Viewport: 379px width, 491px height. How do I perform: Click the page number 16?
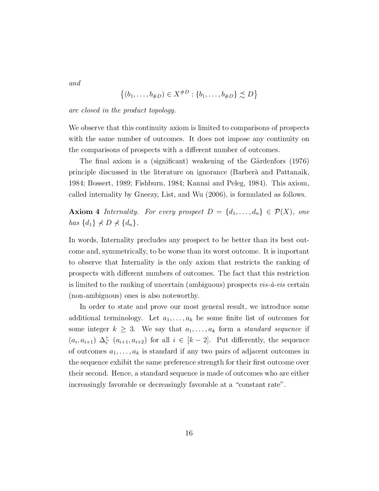click(189, 433)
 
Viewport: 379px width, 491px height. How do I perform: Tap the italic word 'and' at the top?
click(75, 83)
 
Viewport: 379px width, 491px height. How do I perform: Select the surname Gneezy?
click(147, 194)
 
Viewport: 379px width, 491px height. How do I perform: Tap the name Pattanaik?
click(293, 172)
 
